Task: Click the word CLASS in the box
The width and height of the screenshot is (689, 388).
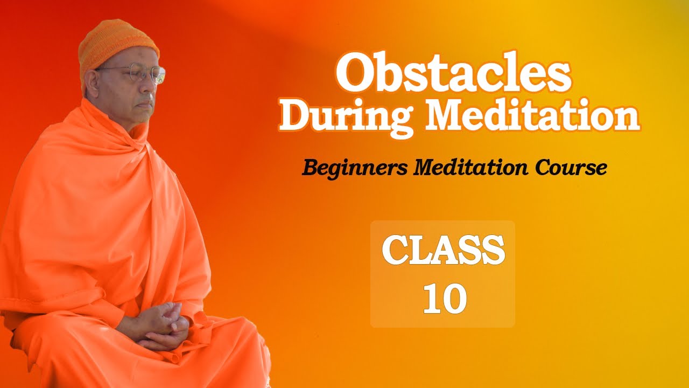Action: click(x=443, y=250)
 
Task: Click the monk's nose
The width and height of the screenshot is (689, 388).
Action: click(x=153, y=86)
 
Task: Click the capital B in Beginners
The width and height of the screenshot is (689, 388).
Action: click(x=309, y=168)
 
